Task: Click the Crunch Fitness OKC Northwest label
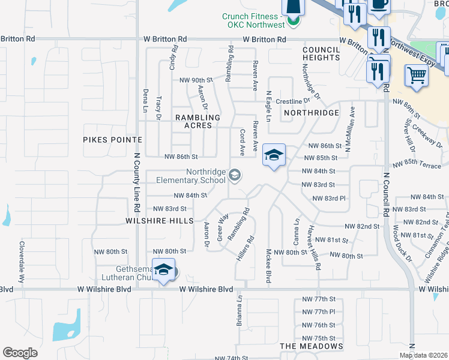(x=253, y=21)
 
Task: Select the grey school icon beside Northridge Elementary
(x=235, y=175)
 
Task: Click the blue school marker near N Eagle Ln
(x=274, y=156)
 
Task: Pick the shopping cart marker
(x=417, y=77)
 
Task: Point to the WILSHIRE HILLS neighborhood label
(x=159, y=221)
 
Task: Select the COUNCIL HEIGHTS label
(x=321, y=53)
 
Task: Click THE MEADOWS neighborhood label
(x=312, y=346)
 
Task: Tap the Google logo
(x=20, y=352)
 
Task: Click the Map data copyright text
(x=423, y=355)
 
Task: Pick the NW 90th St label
(x=196, y=80)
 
